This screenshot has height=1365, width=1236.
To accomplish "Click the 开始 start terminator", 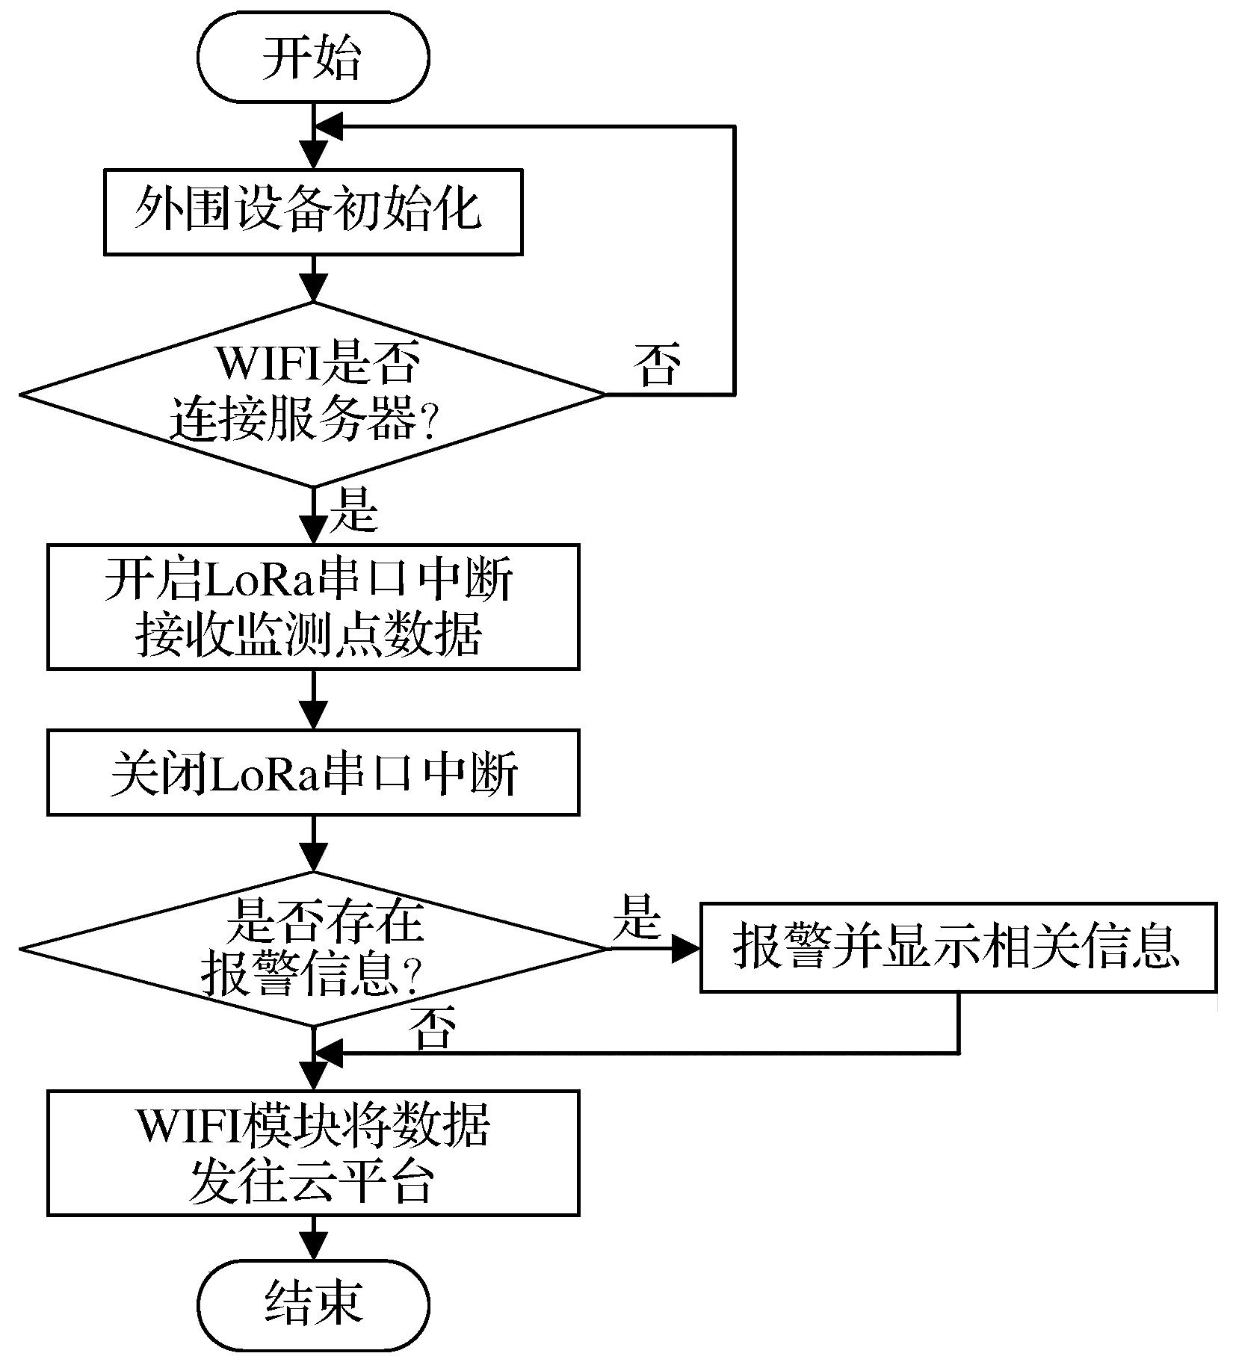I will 313,58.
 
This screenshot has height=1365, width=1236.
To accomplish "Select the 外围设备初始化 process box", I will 312,212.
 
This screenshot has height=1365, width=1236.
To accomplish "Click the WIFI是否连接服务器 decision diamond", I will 312,394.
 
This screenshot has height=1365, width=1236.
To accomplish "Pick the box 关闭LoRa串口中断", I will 312,772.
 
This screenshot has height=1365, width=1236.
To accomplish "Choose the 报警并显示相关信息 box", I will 957,947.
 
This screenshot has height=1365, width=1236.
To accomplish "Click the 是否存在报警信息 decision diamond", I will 312,949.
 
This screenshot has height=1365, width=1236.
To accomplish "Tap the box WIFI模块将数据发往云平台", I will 312,1153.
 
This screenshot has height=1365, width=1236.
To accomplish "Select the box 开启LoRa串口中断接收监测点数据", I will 312,606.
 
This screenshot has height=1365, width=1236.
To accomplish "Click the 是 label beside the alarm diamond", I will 637,918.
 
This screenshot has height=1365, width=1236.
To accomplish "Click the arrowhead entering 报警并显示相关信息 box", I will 686,949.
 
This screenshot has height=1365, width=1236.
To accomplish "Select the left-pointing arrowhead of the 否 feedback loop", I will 329,127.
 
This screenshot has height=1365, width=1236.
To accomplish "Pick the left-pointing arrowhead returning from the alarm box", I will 329,1053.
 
